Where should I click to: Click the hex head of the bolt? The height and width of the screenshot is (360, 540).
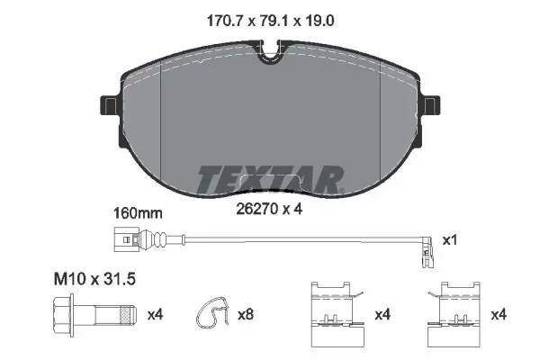62,315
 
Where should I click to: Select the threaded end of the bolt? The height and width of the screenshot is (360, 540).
125,315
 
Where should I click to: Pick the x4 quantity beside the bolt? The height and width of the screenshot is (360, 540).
155,315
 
